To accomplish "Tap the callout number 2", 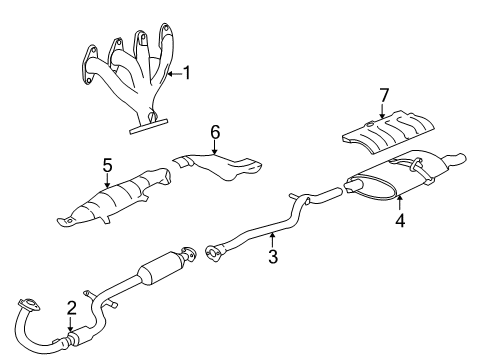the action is pos(70,307).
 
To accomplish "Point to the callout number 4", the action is pos(399,219).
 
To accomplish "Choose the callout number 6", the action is pos(212,131).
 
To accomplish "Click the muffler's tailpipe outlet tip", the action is pos(459,158).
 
